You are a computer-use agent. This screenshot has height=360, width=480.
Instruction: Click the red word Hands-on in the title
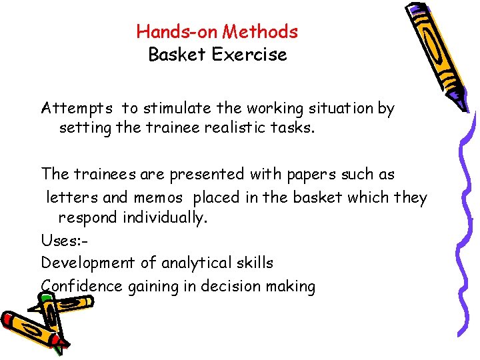point(177,31)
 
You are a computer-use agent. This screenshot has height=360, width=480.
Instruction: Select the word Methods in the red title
point(261,31)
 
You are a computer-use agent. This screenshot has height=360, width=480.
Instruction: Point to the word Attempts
point(76,109)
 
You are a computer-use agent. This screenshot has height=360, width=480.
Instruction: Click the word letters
point(70,197)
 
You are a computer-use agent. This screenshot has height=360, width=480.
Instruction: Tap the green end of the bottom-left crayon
point(58,346)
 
